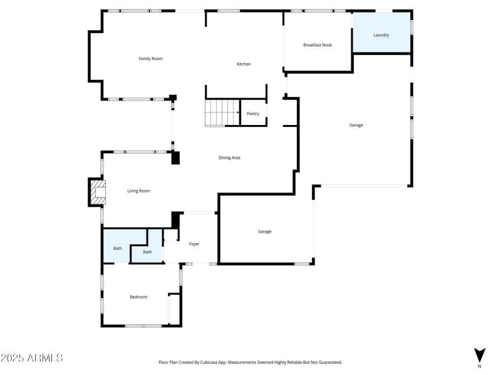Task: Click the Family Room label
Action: [150, 59]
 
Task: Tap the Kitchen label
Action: [244, 64]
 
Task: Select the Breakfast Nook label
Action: [318, 45]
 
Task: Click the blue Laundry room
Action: [381, 35]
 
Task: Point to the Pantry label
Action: [253, 114]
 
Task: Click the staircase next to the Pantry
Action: [222, 113]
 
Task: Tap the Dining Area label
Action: [229, 157]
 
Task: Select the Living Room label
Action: [138, 191]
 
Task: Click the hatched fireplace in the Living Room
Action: [96, 192]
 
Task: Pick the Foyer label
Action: [194, 244]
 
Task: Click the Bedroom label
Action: [138, 297]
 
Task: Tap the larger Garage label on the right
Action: [356, 126]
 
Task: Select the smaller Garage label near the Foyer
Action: [265, 232]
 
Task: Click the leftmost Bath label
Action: [117, 249]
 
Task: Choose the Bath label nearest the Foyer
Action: [147, 252]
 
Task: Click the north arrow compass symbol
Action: [480, 354]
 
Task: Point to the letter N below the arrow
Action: [480, 366]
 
